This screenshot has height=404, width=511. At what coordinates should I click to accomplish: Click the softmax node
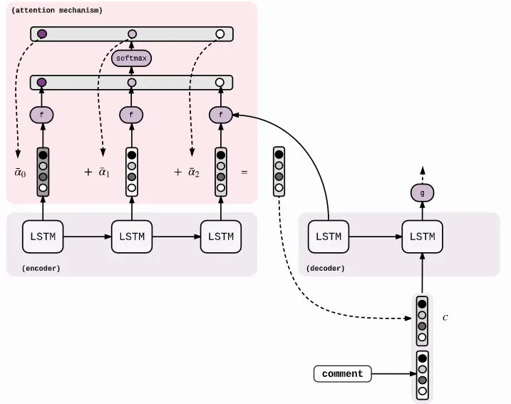pyautogui.click(x=131, y=58)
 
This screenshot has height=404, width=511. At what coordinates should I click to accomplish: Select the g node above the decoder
pyautogui.click(x=422, y=192)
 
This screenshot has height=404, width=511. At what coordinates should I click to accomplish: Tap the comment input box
pyautogui.click(x=342, y=373)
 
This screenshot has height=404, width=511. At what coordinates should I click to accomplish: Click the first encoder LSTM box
pyautogui.click(x=43, y=237)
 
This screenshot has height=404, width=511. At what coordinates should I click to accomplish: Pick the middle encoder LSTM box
pyautogui.click(x=132, y=237)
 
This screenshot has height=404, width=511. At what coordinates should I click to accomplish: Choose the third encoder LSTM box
pyautogui.click(x=221, y=237)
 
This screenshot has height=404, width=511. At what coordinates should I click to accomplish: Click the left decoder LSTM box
pyautogui.click(x=329, y=237)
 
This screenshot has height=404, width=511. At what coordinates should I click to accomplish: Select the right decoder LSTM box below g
pyautogui.click(x=423, y=237)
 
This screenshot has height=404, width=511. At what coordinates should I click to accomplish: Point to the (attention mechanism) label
pyautogui.click(x=57, y=11)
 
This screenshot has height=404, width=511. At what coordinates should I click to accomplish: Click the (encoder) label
pyautogui.click(x=41, y=268)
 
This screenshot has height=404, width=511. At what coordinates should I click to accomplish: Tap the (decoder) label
pyautogui.click(x=325, y=268)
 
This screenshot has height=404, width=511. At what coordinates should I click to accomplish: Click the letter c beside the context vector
pyautogui.click(x=445, y=317)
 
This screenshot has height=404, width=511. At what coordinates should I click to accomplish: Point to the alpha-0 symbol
pyautogui.click(x=20, y=172)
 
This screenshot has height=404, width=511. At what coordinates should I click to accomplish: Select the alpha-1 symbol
pyautogui.click(x=104, y=172)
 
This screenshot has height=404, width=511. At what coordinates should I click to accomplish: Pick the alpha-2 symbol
pyautogui.click(x=193, y=172)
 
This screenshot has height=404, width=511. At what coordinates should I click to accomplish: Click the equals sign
pyautogui.click(x=244, y=172)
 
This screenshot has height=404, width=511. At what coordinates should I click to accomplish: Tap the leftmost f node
pyautogui.click(x=42, y=114)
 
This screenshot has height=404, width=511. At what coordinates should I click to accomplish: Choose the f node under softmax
pyautogui.click(x=131, y=114)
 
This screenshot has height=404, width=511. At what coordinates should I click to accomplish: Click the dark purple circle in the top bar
pyautogui.click(x=42, y=33)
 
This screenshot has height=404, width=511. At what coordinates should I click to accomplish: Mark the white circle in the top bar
pyautogui.click(x=220, y=33)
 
